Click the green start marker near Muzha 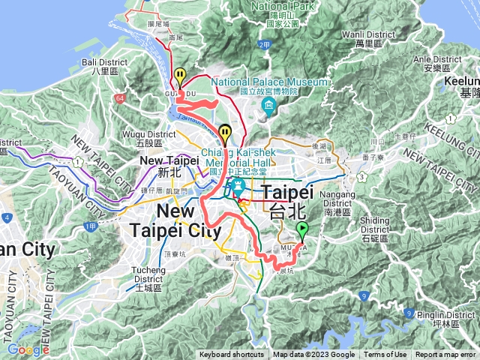[302, 229]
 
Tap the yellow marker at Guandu [181, 76]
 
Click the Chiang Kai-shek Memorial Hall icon [239, 186]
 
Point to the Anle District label [431, 63]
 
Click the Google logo [28, 349]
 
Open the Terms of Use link [385, 355]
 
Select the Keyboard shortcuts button [232, 355]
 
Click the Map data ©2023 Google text [313, 355]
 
